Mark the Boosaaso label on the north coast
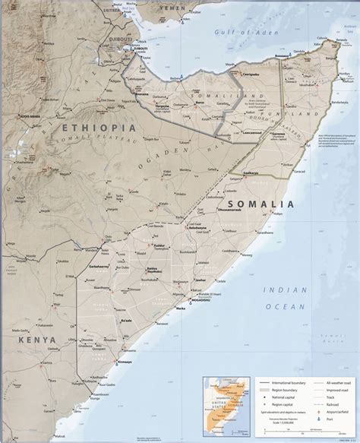point(284,57)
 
